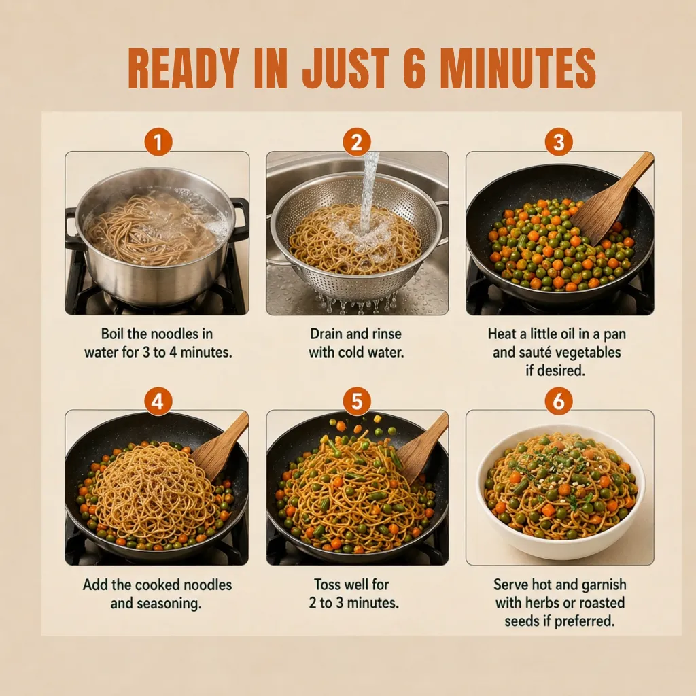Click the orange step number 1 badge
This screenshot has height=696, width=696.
158,142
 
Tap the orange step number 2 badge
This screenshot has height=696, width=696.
357,142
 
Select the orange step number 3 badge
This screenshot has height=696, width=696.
559,142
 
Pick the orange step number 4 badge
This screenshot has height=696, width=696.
158,401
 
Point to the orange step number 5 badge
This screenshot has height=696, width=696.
357,401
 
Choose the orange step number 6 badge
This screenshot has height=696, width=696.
559,401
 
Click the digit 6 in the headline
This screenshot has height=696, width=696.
415,69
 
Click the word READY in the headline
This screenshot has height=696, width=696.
184,69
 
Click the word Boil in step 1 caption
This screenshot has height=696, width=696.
112,334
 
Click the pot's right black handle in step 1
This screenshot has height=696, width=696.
240,220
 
